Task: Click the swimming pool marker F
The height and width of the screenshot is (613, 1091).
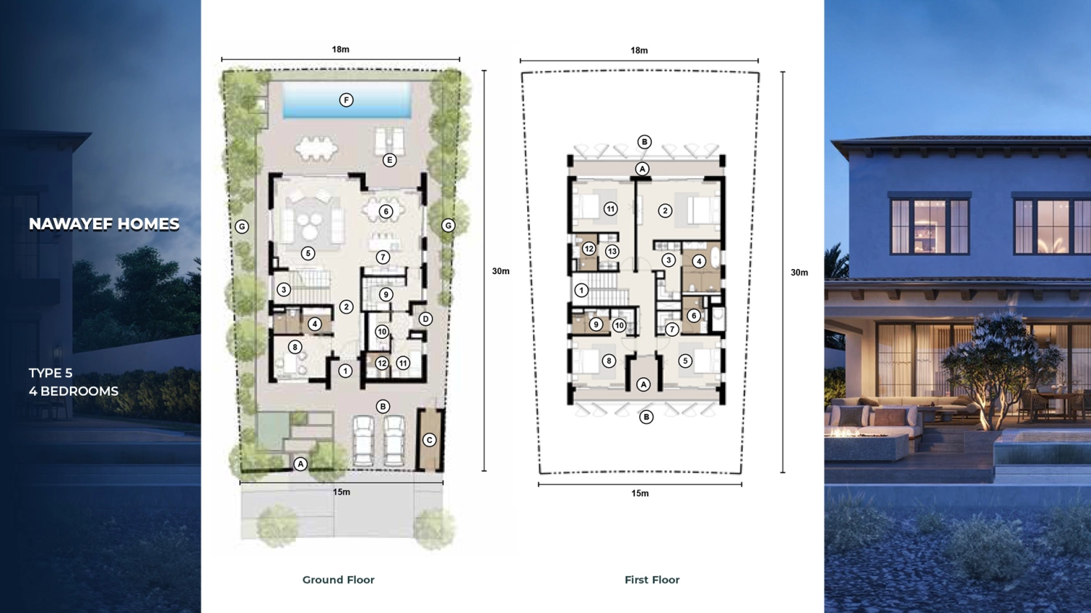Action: (x=346, y=100)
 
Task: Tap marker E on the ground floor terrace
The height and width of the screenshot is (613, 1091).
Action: (x=389, y=160)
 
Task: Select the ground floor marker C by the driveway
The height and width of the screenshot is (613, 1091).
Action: (x=429, y=440)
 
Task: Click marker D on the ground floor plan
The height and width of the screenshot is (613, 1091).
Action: (x=425, y=319)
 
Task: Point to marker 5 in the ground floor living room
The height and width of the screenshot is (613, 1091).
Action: (x=308, y=253)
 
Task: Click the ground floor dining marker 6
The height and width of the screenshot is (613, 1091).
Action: (x=385, y=212)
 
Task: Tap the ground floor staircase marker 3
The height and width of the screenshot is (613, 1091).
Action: (x=284, y=289)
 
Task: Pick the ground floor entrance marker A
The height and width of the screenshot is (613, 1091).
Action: (x=300, y=464)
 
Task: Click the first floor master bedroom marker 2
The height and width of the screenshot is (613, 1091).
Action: (x=665, y=211)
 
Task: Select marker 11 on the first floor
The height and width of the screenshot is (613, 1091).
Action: (x=611, y=209)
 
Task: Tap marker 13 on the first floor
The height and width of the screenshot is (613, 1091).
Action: (x=612, y=252)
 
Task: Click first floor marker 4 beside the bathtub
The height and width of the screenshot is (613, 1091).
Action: (x=699, y=262)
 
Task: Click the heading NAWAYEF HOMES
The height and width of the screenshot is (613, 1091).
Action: (x=104, y=224)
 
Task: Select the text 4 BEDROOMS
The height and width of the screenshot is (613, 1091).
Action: (x=73, y=391)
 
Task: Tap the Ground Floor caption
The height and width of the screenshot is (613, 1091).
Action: (x=338, y=580)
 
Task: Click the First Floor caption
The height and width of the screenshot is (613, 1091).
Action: (x=652, y=580)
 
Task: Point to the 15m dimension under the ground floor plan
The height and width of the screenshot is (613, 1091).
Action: (x=341, y=492)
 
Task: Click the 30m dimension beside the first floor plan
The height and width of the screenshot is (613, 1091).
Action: (x=799, y=273)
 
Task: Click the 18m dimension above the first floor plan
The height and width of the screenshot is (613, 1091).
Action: (x=639, y=50)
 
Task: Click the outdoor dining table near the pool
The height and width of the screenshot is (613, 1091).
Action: (x=316, y=148)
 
